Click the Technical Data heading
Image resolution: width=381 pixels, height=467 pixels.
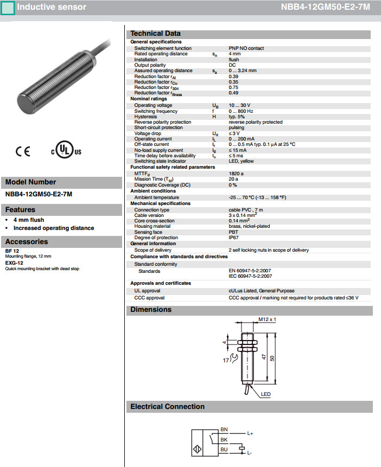tap(155, 34)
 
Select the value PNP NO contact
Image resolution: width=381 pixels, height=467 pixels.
tap(246, 48)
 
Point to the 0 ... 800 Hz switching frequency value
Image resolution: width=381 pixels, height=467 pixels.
tap(241, 111)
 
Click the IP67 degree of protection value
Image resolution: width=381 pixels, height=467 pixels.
tap(233, 238)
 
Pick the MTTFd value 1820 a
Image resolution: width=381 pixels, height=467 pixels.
tap(236, 173)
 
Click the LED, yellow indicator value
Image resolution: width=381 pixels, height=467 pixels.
tap(241, 161)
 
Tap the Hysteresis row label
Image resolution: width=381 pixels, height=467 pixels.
tap(145, 117)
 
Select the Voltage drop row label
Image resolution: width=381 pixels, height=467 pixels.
tap(150, 133)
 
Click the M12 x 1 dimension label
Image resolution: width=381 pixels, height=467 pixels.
tap(267, 319)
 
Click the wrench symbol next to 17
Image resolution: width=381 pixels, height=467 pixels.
tap(233, 357)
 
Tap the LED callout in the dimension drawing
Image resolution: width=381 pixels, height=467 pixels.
tap(265, 394)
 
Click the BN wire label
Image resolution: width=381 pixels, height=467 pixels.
tap(224, 430)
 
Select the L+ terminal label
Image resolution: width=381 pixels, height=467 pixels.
tap(250, 433)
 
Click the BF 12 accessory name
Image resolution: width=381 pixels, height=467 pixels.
tap(12, 251)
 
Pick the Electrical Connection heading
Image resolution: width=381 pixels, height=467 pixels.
tap(167, 407)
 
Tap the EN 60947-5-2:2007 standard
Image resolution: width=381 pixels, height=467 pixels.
tap(250, 270)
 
